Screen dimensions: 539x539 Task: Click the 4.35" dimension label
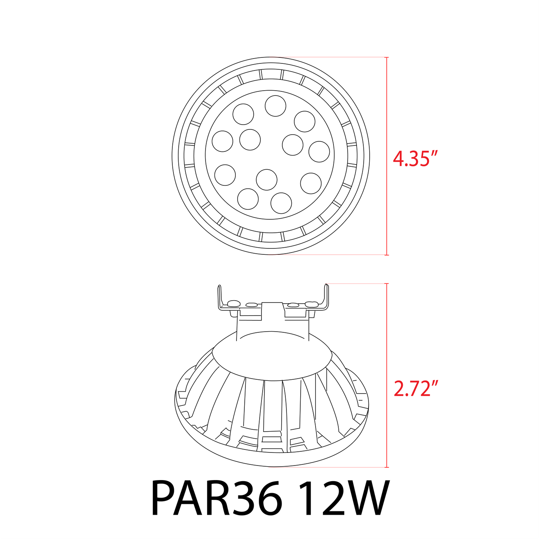414,159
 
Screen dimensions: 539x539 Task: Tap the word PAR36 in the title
216,499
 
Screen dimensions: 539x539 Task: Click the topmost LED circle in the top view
276,106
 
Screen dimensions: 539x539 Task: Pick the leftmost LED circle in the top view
222,141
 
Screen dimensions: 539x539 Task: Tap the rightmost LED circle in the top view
319,151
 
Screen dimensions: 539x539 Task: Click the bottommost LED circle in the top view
281,203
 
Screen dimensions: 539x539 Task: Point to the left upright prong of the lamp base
220,297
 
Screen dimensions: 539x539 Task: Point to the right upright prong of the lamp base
327,297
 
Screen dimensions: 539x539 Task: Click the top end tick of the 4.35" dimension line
386,57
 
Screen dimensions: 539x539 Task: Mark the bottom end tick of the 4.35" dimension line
386,255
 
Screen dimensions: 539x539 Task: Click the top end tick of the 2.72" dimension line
386,284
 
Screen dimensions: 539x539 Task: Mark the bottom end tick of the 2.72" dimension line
386,467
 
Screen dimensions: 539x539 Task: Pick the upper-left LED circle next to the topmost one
243,114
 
